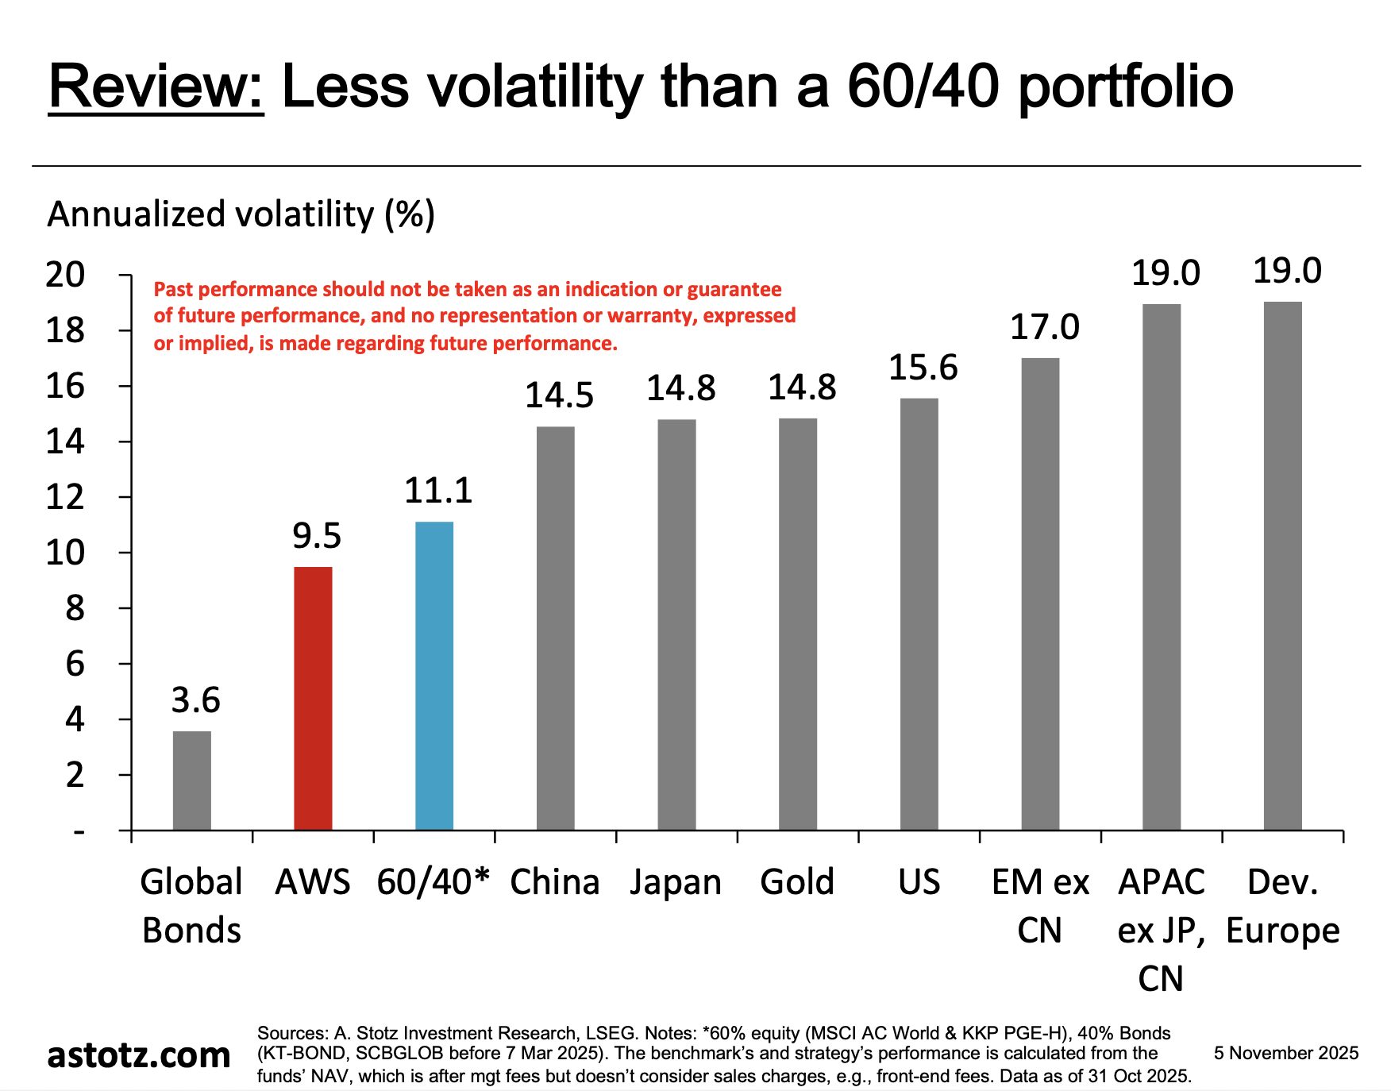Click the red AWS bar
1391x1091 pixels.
pyautogui.click(x=313, y=698)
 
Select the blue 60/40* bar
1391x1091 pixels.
pyautogui.click(x=434, y=676)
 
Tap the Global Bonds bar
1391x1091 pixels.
pyautogui.click(x=192, y=781)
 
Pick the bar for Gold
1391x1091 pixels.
pyautogui.click(x=798, y=624)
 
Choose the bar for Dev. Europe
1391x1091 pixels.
pyautogui.click(x=1283, y=565)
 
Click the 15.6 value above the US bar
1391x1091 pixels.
pyautogui.click(x=923, y=368)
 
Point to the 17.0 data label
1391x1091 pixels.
pyautogui.click(x=1044, y=327)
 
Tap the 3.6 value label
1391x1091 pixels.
pyautogui.click(x=195, y=700)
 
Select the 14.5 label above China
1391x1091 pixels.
pyautogui.click(x=559, y=395)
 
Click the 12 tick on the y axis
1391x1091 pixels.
pyautogui.click(x=65, y=498)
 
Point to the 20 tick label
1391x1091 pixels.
pyautogui.click(x=65, y=275)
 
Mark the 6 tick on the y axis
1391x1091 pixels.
pyautogui.click(x=75, y=664)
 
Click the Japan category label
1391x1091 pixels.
pyautogui.click(x=676, y=882)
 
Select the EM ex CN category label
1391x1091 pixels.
pyautogui.click(x=1040, y=906)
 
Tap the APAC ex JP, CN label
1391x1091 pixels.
pyautogui.click(x=1161, y=930)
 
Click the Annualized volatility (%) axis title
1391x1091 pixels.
pyautogui.click(x=241, y=214)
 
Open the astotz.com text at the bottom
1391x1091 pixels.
pyautogui.click(x=139, y=1055)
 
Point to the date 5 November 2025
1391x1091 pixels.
pyautogui.click(x=1285, y=1053)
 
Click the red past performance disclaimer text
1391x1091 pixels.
pyautogui.click(x=474, y=316)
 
